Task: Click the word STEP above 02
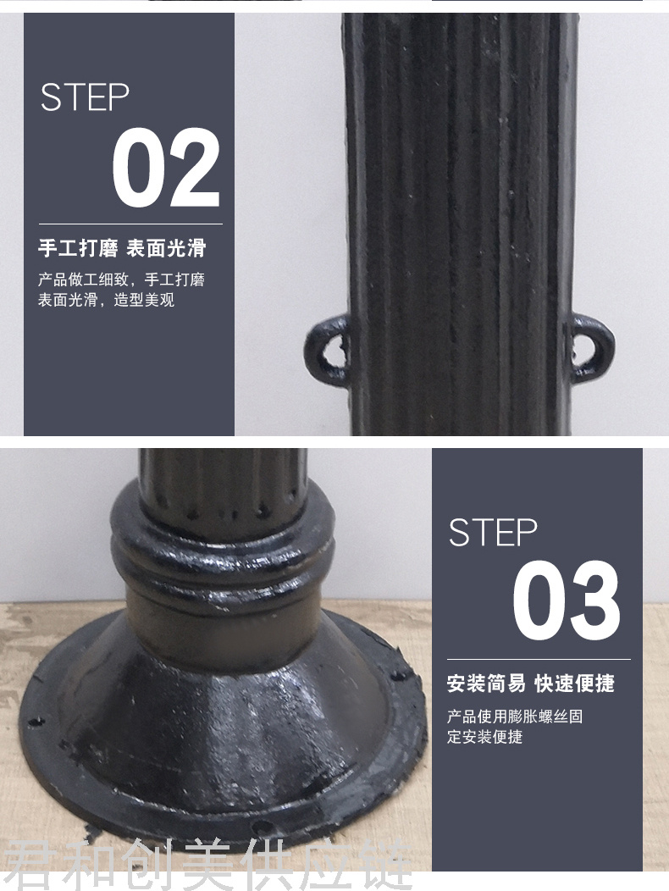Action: (x=85, y=97)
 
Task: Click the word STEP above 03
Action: (x=493, y=533)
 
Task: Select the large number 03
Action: (x=567, y=600)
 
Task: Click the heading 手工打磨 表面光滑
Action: (x=122, y=248)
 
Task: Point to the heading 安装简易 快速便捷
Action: (x=531, y=683)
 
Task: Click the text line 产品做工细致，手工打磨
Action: (x=121, y=279)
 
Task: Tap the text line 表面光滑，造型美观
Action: (x=106, y=300)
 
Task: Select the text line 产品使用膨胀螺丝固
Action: (x=515, y=717)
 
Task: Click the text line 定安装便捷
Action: (x=484, y=737)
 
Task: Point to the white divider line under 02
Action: (x=130, y=224)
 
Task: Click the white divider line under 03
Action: (x=539, y=659)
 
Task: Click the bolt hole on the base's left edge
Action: (x=36, y=722)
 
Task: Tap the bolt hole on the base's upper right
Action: (x=397, y=676)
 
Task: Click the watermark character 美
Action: (x=206, y=865)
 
